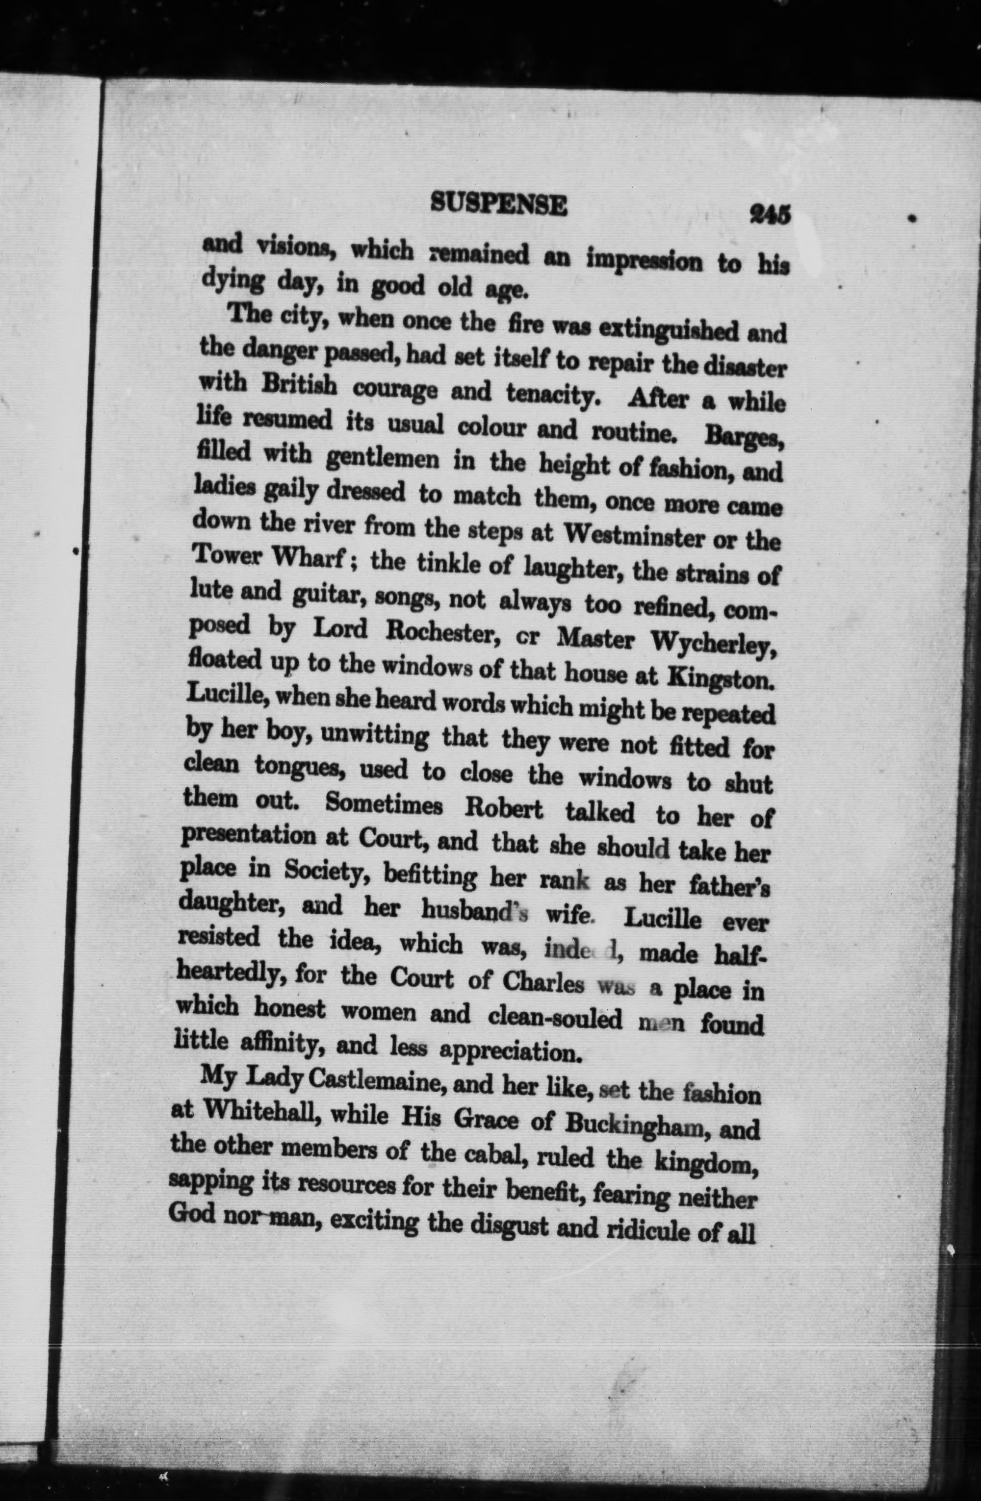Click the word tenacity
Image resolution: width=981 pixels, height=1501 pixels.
click(x=558, y=396)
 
